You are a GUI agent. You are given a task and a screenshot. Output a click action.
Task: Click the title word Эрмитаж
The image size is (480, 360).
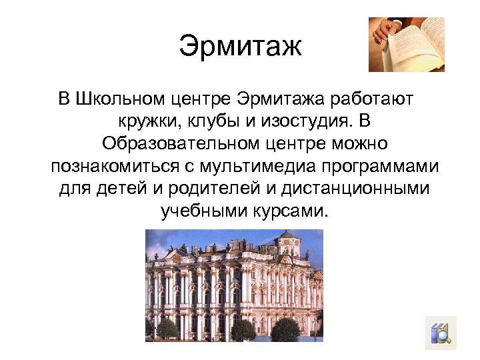(x=240, y=47)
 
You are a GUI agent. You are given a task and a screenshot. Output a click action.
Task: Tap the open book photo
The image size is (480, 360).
(x=406, y=44)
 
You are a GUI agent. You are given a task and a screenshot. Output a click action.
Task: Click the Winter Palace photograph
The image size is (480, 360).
(x=234, y=285)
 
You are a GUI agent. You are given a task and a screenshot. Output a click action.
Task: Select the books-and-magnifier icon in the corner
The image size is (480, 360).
(x=440, y=333)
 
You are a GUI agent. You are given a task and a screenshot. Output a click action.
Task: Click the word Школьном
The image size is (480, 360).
(x=117, y=100)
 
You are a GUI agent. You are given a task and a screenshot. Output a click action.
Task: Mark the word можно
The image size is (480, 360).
(x=363, y=144)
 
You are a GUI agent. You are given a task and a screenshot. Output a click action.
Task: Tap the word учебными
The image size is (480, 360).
(x=202, y=211)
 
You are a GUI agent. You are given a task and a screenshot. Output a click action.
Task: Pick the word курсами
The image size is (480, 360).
(x=291, y=211)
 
